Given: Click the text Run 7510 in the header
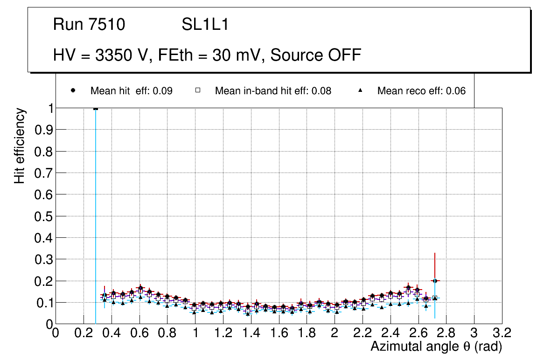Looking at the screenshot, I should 89,25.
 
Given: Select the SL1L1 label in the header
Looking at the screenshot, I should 205,25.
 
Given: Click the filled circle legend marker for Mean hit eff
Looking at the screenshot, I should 73,91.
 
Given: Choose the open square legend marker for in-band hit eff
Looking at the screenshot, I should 197,91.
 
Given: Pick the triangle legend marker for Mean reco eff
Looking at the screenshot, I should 360,91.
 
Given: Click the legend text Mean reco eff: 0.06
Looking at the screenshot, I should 421,91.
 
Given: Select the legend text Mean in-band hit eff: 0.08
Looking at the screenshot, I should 273,91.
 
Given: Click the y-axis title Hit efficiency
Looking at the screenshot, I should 20,145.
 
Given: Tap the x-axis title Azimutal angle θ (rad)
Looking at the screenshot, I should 436,346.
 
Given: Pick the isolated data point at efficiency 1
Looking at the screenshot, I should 96,109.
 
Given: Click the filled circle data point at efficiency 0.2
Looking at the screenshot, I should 435,281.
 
